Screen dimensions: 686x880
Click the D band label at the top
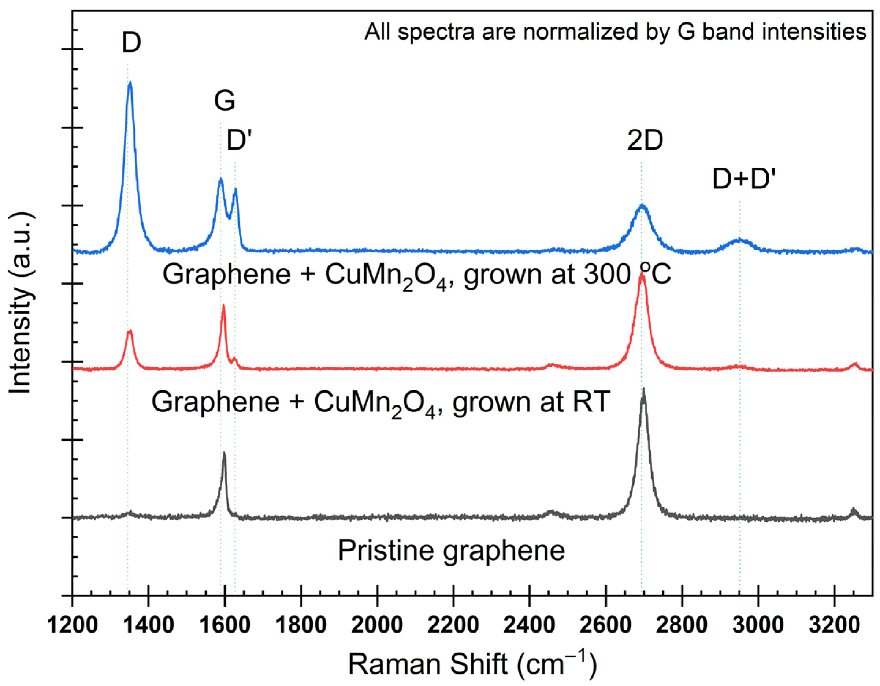coord(131,43)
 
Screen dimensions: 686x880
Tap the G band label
coord(224,101)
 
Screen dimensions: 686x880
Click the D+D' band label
coord(744,180)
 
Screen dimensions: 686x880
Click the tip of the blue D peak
coord(130,83)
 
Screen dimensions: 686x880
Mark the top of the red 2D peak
coord(642,277)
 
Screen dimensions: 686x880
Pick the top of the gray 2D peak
coord(643,390)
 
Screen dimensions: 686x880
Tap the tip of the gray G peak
coord(224,453)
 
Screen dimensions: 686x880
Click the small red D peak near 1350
coord(129,331)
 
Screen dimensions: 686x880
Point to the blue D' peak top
coord(235,189)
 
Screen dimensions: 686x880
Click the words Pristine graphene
coord(451,551)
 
